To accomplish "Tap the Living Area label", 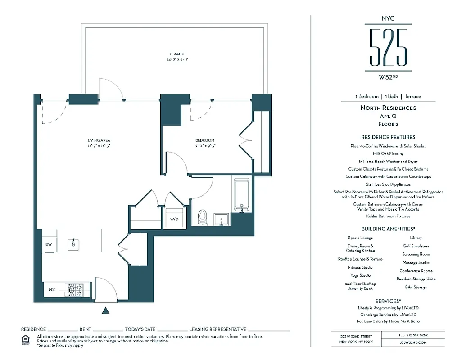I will [99, 140].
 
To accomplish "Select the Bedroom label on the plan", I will [205, 140].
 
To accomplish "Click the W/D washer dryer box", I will [175, 219].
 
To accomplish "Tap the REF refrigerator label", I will [52, 290].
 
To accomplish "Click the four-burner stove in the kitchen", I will [75, 290].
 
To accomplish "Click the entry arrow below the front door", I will [105, 310].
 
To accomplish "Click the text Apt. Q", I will [388, 116].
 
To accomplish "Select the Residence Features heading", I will [388, 137].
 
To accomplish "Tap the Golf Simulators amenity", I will [416, 246].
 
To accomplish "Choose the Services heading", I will [388, 301].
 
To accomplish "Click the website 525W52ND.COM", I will [412, 342].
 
